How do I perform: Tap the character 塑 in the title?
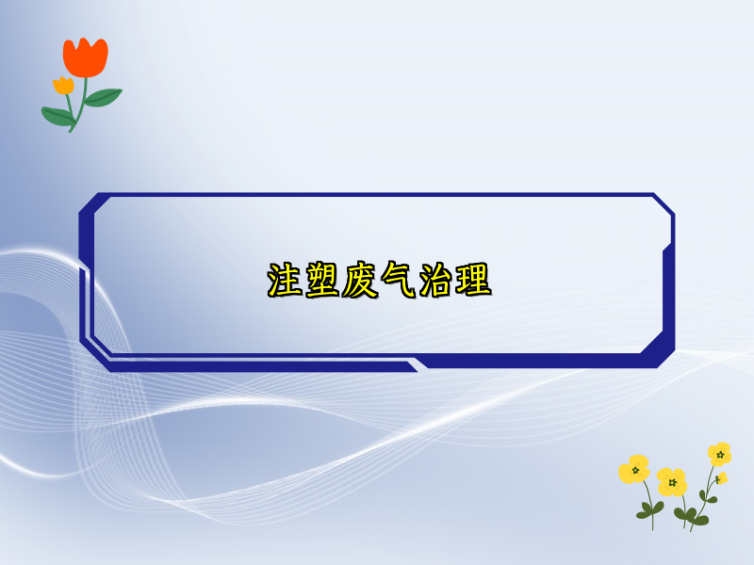point(322,281)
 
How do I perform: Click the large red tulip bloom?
point(86,57)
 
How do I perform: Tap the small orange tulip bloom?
point(63,86)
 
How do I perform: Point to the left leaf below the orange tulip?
point(56,116)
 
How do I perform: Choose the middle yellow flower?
point(672,481)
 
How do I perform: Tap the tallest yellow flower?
point(719,454)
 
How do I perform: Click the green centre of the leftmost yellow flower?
point(635,469)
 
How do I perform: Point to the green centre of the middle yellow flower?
point(673,482)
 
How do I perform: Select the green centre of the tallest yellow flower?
point(720,454)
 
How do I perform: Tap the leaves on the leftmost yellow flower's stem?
point(649,509)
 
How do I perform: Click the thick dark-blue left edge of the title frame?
point(86,282)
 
